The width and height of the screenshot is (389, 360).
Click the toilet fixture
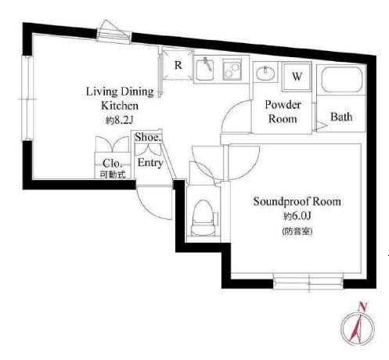click(x=204, y=218)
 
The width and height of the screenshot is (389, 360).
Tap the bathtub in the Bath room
click(x=342, y=79)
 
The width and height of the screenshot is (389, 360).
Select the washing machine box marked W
click(x=297, y=77)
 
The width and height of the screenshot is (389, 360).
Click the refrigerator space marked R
click(x=178, y=64)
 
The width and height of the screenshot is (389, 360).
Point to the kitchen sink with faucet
click(x=205, y=70)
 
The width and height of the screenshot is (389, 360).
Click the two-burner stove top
click(x=232, y=70)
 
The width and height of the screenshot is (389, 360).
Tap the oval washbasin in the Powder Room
click(x=265, y=73)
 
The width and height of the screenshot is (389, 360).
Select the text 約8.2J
click(x=120, y=121)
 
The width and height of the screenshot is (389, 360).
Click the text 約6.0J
click(x=297, y=216)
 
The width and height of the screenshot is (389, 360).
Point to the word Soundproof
click(x=282, y=202)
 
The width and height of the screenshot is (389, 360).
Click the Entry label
click(x=150, y=163)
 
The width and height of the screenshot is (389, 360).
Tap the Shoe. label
click(x=148, y=137)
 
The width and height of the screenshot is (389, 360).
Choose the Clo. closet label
click(x=113, y=164)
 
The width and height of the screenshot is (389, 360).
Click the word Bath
click(x=341, y=117)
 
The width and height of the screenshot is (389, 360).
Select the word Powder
click(x=283, y=105)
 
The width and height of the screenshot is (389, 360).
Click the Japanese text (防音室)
click(x=297, y=231)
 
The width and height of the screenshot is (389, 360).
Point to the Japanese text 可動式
click(x=113, y=175)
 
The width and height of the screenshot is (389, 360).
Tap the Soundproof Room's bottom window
click(x=308, y=282)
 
